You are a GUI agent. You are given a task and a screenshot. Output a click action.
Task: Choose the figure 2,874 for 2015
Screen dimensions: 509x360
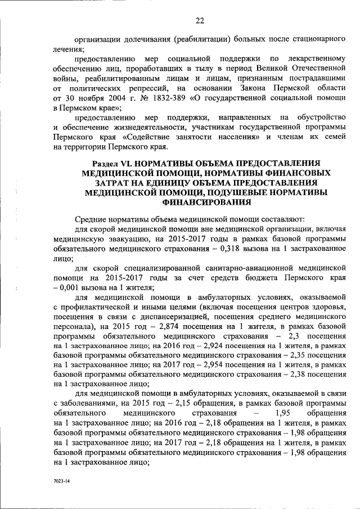[x=164, y=327]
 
